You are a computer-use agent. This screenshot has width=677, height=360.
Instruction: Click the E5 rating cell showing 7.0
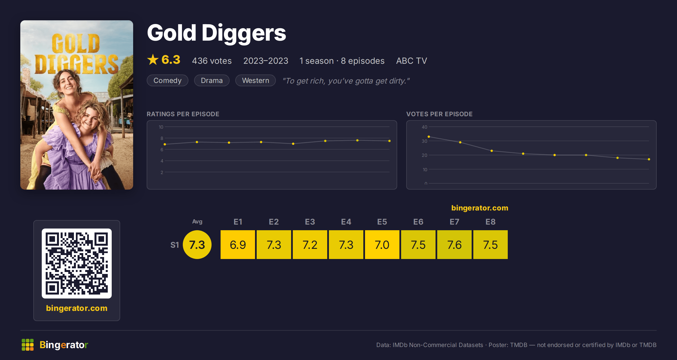pyautogui.click(x=382, y=245)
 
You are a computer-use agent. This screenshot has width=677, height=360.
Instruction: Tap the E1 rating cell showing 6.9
pyautogui.click(x=238, y=245)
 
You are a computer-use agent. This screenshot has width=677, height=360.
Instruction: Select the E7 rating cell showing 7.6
pyautogui.click(x=454, y=245)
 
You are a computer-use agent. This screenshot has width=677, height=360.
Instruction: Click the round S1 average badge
pyautogui.click(x=197, y=245)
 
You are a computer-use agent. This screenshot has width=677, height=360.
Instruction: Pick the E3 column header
pyautogui.click(x=310, y=222)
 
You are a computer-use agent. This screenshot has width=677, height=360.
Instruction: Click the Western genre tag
pyautogui.click(x=256, y=80)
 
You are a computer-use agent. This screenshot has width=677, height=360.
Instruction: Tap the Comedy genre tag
pyautogui.click(x=168, y=80)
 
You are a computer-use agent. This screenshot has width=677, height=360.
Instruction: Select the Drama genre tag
pyautogui.click(x=212, y=80)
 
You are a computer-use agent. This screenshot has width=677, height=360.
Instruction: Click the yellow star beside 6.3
pyautogui.click(x=153, y=60)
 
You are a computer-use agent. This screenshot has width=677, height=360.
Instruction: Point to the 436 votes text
pyautogui.click(x=212, y=61)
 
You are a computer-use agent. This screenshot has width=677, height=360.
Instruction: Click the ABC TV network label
pyautogui.click(x=412, y=61)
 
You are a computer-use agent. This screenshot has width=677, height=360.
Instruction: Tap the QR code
pyautogui.click(x=77, y=264)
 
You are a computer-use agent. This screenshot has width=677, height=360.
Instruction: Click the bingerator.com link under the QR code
pyautogui.click(x=77, y=308)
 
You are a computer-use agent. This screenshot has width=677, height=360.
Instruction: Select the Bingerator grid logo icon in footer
pyautogui.click(x=28, y=345)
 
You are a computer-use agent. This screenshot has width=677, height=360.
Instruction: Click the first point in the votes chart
pyautogui.click(x=429, y=137)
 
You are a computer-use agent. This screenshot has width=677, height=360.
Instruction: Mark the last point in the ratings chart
pyautogui.click(x=390, y=141)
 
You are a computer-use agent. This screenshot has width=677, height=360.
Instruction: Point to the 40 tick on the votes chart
pyautogui.click(x=425, y=127)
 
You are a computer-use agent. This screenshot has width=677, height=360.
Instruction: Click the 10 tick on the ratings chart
pyautogui.click(x=161, y=127)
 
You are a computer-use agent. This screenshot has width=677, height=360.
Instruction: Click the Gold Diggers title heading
pyautogui.click(x=217, y=33)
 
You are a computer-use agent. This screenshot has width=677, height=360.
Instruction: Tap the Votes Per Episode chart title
pyautogui.click(x=439, y=114)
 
